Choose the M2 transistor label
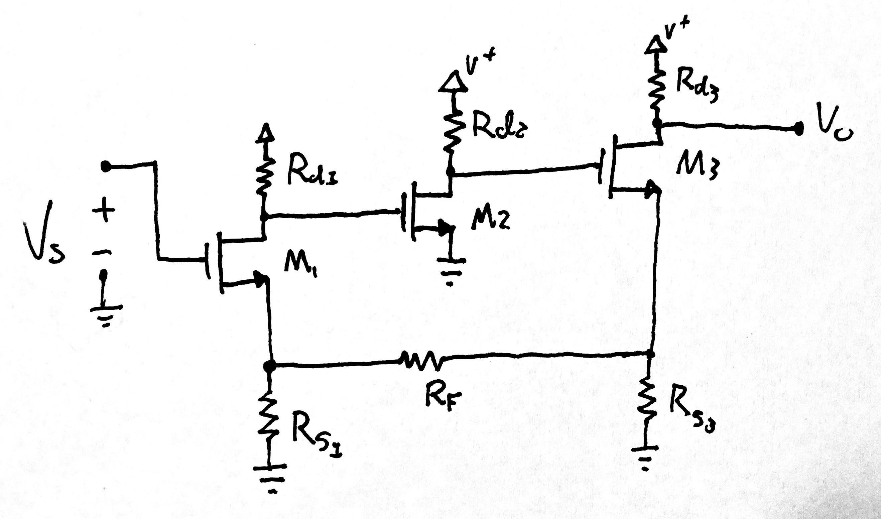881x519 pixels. click(x=490, y=220)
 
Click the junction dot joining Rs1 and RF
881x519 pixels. click(x=269, y=366)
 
